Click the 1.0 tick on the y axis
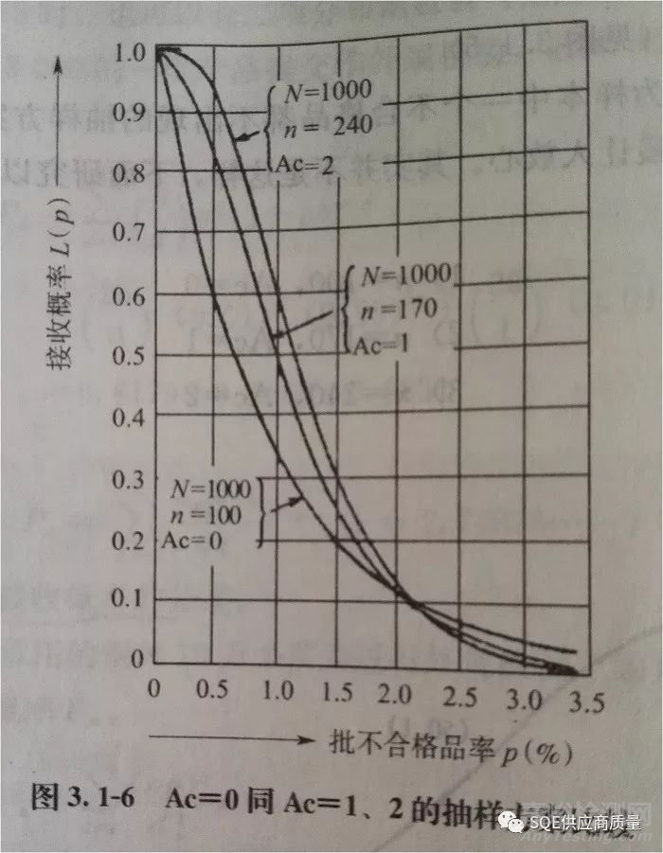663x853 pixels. (129, 51)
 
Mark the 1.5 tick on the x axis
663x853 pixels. (335, 693)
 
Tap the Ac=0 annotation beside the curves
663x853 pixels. (207, 541)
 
